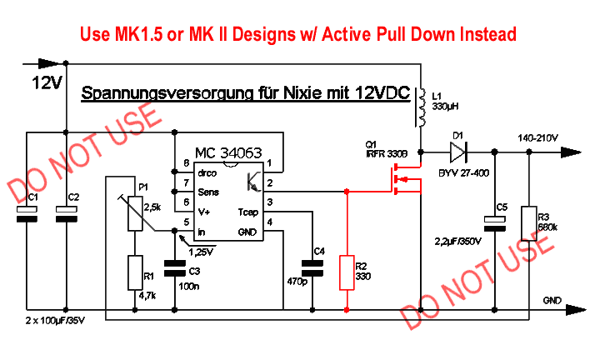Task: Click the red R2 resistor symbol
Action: [347, 272]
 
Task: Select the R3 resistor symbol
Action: [527, 223]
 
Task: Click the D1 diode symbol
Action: [457, 152]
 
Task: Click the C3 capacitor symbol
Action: [174, 267]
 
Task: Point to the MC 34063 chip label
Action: [228, 153]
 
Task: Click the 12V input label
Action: [45, 83]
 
